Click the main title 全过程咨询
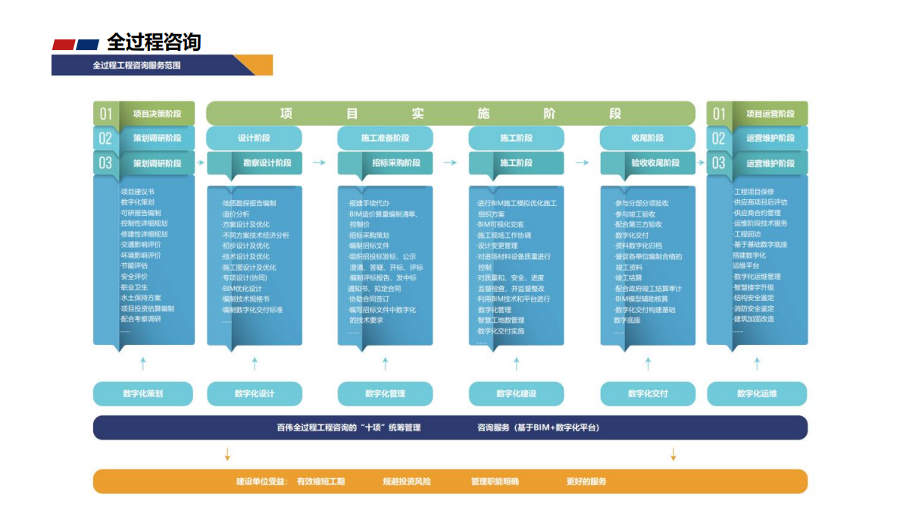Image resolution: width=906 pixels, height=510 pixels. [x=154, y=42]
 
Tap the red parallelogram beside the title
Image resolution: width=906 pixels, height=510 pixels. [x=64, y=45]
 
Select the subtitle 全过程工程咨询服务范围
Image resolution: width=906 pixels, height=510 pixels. [x=136, y=65]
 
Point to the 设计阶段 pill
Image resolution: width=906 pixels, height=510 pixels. [x=254, y=138]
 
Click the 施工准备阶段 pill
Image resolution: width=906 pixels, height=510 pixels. [x=385, y=138]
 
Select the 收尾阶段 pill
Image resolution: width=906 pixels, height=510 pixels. [x=647, y=138]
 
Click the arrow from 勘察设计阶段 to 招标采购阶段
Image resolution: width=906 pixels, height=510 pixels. [x=319, y=163]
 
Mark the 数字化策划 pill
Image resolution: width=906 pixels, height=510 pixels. [x=143, y=393]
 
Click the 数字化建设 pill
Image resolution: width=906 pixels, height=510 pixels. [x=516, y=393]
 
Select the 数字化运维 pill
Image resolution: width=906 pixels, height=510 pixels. [x=757, y=393]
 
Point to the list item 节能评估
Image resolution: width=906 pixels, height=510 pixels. [x=135, y=266]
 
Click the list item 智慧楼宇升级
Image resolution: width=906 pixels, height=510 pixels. [x=754, y=287]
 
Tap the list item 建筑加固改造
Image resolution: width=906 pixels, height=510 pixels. [x=754, y=319]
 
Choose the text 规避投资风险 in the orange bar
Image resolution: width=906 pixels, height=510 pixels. [x=407, y=481]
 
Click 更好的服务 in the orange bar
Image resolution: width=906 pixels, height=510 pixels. [x=586, y=481]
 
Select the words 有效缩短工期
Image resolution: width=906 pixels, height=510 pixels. [x=320, y=481]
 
